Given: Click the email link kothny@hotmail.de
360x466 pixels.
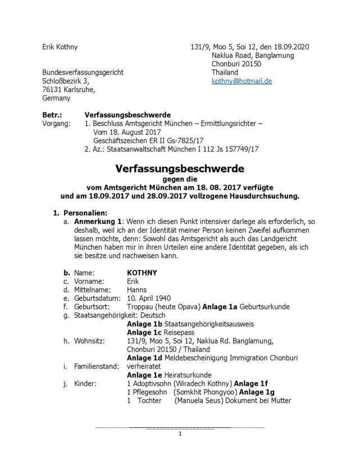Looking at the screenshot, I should (241, 81).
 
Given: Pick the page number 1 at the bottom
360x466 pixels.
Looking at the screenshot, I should (180, 434).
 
